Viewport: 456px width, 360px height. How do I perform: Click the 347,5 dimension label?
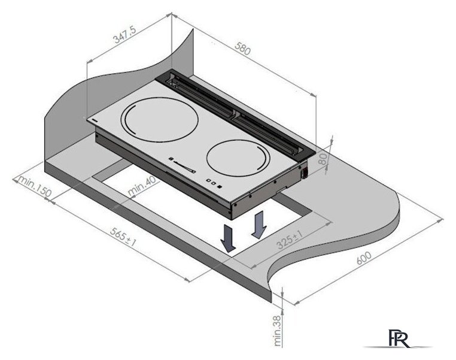click(125, 34)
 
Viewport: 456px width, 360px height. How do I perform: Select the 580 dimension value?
click(242, 49)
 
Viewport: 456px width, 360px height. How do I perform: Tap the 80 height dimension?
click(323, 159)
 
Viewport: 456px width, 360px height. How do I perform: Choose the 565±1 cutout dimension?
click(123, 237)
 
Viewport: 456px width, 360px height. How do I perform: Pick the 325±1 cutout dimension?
click(290, 239)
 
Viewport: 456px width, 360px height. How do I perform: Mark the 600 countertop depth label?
click(364, 258)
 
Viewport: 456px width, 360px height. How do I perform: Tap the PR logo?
click(399, 338)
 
